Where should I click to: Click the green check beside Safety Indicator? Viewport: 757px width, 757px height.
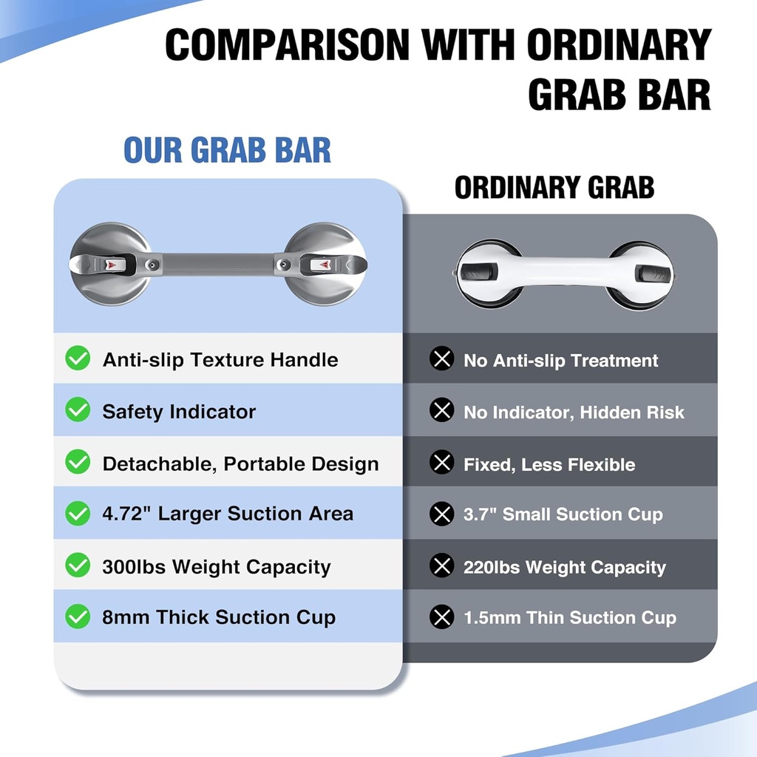pos(78,411)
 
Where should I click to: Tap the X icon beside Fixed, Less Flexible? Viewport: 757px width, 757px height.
pos(442,464)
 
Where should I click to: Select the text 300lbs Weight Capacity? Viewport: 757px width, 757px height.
pos(216,567)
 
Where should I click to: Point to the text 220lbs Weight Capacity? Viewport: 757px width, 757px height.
pos(564,567)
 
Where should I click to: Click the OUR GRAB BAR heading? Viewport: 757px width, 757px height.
pos(227,150)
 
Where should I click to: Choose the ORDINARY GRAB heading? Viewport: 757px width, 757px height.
pos(554,188)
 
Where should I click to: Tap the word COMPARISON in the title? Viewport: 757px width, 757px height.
pos(286,46)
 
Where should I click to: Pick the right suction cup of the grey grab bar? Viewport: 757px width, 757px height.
pos(326,264)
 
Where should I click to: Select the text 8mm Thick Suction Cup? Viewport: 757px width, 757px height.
pos(219,617)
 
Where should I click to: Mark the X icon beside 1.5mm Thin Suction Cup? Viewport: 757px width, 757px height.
pos(442,617)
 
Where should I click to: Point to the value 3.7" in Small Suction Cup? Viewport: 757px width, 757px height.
pos(480,515)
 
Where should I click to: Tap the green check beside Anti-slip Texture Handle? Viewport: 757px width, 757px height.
pos(78,359)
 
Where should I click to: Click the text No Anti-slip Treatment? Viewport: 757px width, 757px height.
pos(560,361)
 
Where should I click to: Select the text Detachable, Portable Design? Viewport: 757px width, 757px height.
pos(240,464)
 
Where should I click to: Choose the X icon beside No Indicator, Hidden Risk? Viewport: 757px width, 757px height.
pos(442,411)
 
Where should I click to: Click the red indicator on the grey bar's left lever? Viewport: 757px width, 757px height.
pos(109,264)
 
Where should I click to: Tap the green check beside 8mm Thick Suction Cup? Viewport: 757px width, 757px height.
pos(78,616)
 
